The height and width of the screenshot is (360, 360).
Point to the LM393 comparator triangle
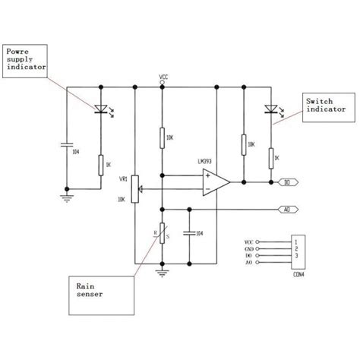pos(215,182)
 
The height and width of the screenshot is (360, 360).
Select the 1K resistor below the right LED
pos(270,156)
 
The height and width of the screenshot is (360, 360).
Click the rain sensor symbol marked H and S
pos(163,233)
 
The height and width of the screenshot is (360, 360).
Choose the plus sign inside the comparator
pos(206,175)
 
